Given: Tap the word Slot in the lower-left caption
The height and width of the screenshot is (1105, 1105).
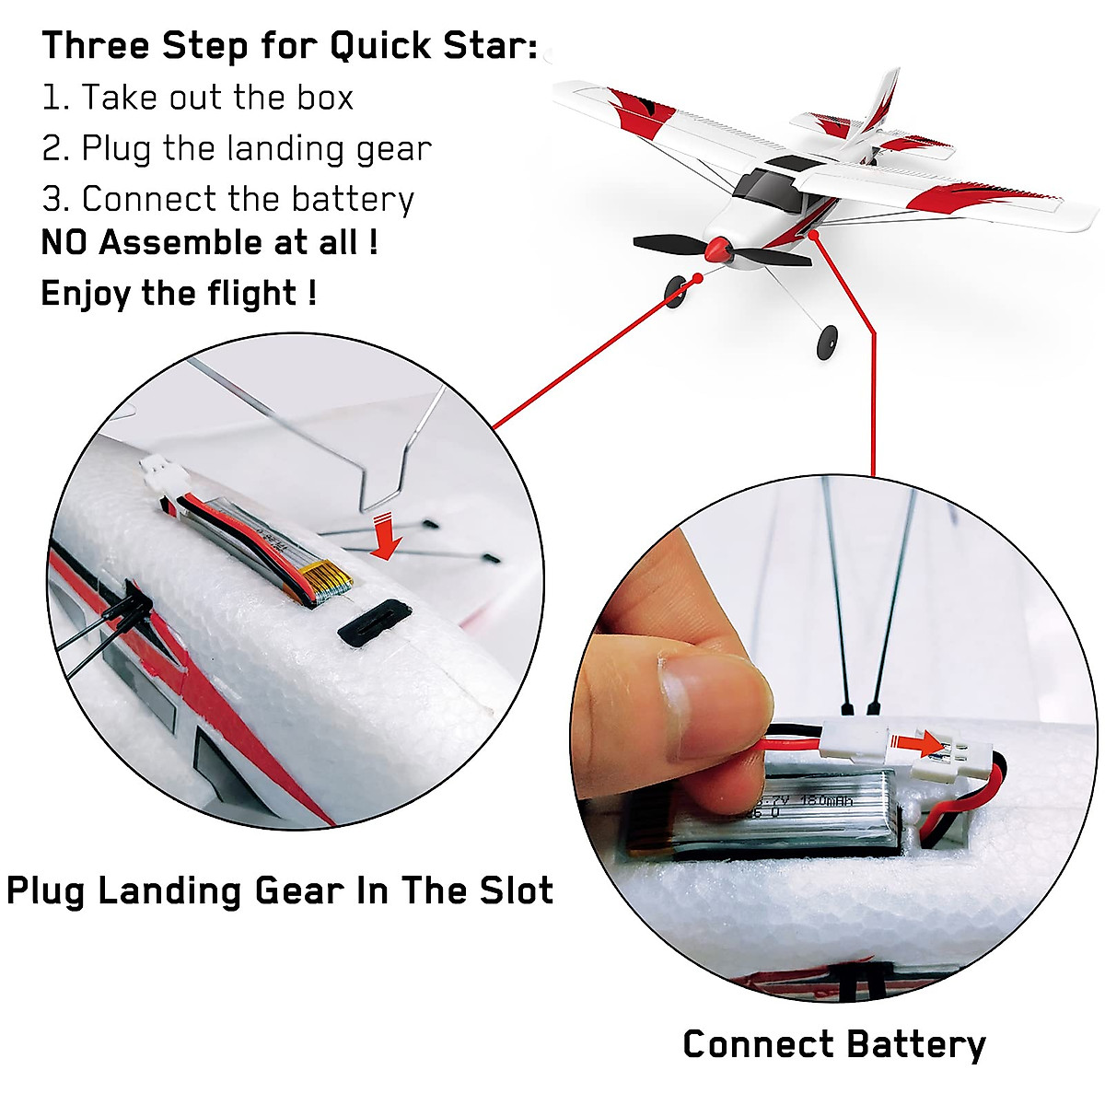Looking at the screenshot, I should [x=516, y=891].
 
